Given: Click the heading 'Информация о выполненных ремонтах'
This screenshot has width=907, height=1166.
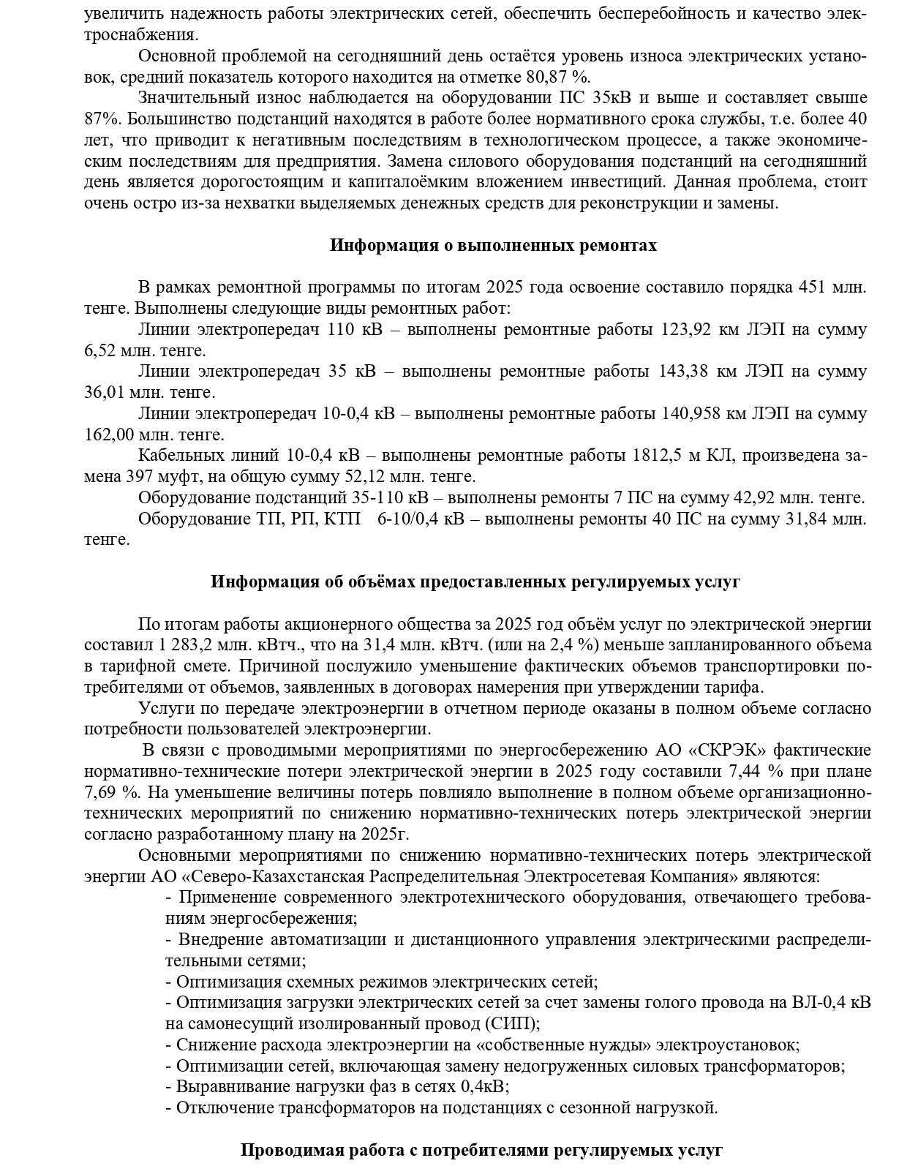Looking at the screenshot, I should [x=493, y=246].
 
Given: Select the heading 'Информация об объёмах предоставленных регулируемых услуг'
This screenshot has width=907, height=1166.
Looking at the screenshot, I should [x=475, y=582].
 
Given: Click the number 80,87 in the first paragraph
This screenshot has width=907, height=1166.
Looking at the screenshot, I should [x=549, y=77].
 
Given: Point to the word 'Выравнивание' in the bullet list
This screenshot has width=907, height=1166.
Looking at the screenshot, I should [x=227, y=1087].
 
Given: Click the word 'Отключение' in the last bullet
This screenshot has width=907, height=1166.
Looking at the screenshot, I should [x=219, y=1108].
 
